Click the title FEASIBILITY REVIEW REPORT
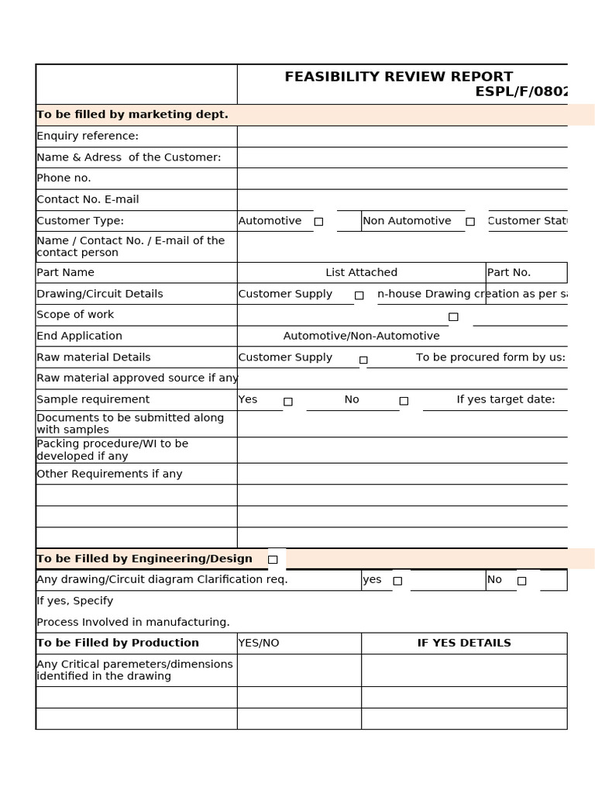398,77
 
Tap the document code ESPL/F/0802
521,92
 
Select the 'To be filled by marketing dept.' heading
132,115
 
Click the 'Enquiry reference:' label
88,136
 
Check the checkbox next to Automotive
318,222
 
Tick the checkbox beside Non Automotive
470,222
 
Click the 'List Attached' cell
361,273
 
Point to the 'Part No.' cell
509,273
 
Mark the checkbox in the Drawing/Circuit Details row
359,295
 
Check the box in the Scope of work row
453,316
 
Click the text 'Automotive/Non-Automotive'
361,337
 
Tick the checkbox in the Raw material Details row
363,359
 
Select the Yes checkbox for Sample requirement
288,401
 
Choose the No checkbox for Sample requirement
404,401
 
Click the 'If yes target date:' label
505,400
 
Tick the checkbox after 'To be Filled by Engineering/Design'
273,559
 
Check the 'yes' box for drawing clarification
397,581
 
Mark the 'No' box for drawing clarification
521,581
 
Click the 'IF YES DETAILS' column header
464,644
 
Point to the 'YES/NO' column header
259,644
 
